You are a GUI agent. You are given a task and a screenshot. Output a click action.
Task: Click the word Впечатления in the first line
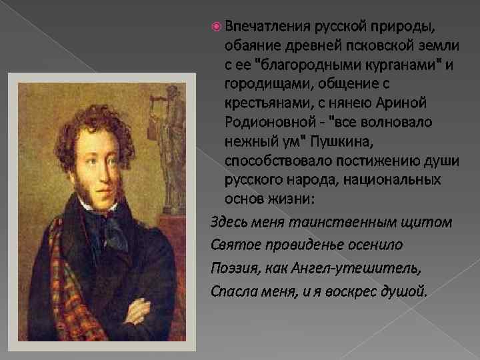(265, 26)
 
